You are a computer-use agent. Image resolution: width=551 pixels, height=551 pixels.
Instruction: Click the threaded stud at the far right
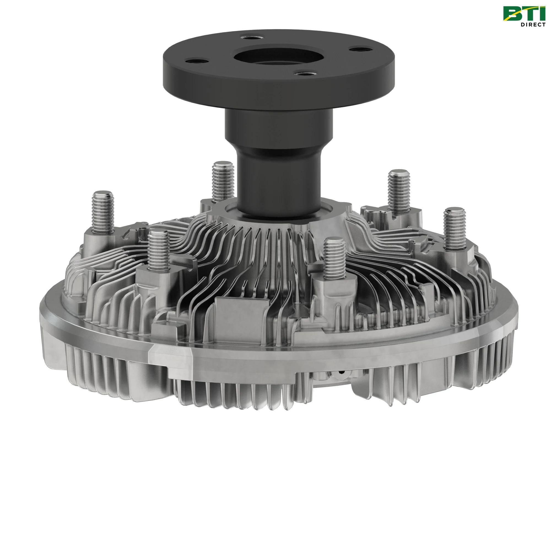click(455, 225)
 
